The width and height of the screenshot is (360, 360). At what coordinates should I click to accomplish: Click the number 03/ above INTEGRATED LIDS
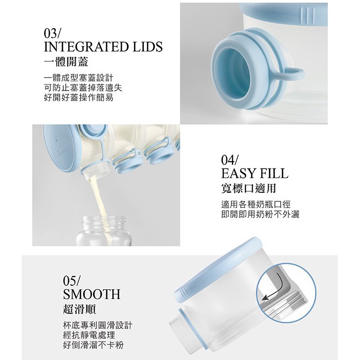click(51, 34)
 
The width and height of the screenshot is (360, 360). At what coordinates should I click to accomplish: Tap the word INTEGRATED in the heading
click(86, 47)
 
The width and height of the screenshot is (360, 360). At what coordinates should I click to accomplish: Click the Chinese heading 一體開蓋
click(66, 62)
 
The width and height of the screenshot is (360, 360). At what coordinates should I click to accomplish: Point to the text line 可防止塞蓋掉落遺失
click(83, 88)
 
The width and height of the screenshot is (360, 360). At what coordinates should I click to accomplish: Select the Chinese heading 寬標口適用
click(248, 188)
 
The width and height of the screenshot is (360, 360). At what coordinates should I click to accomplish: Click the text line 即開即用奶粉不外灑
click(260, 214)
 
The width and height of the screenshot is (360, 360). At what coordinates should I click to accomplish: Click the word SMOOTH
click(91, 294)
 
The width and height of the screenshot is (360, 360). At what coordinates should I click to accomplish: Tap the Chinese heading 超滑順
click(80, 309)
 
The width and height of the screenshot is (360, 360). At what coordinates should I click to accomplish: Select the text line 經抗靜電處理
click(89, 335)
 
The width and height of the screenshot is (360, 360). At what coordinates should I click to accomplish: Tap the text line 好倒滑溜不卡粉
click(93, 345)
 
